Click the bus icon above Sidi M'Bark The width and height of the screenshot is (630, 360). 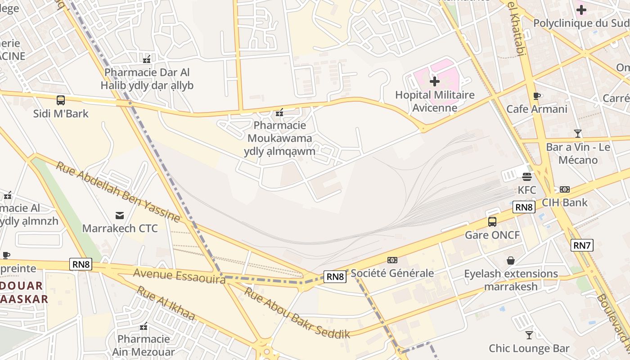click(x=61, y=100)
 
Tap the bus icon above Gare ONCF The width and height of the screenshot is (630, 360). click(x=492, y=221)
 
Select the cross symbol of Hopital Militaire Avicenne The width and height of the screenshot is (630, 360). click(x=435, y=81)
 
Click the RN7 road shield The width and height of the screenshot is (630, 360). click(x=582, y=245)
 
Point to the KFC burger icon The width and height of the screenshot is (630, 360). click(x=527, y=176)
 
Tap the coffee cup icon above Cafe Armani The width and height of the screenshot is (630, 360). click(x=536, y=96)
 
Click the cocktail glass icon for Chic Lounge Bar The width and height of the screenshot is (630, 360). click(x=529, y=335)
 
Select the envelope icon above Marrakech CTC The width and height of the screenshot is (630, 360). click(x=120, y=215)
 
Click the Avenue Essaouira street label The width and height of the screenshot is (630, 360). click(x=179, y=276)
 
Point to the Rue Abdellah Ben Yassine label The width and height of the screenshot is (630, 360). click(x=118, y=192)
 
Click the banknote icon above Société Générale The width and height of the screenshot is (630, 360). click(x=392, y=260)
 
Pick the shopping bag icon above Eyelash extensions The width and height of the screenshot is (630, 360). click(x=511, y=261)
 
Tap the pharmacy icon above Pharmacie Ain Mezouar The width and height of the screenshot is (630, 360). click(x=144, y=326)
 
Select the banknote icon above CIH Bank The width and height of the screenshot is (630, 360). click(x=564, y=189)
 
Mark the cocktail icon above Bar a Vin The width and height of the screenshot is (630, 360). click(x=578, y=134)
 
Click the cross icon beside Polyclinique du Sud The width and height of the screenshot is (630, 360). click(x=581, y=9)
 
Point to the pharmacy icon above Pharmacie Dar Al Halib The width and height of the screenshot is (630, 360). click(x=147, y=59)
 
